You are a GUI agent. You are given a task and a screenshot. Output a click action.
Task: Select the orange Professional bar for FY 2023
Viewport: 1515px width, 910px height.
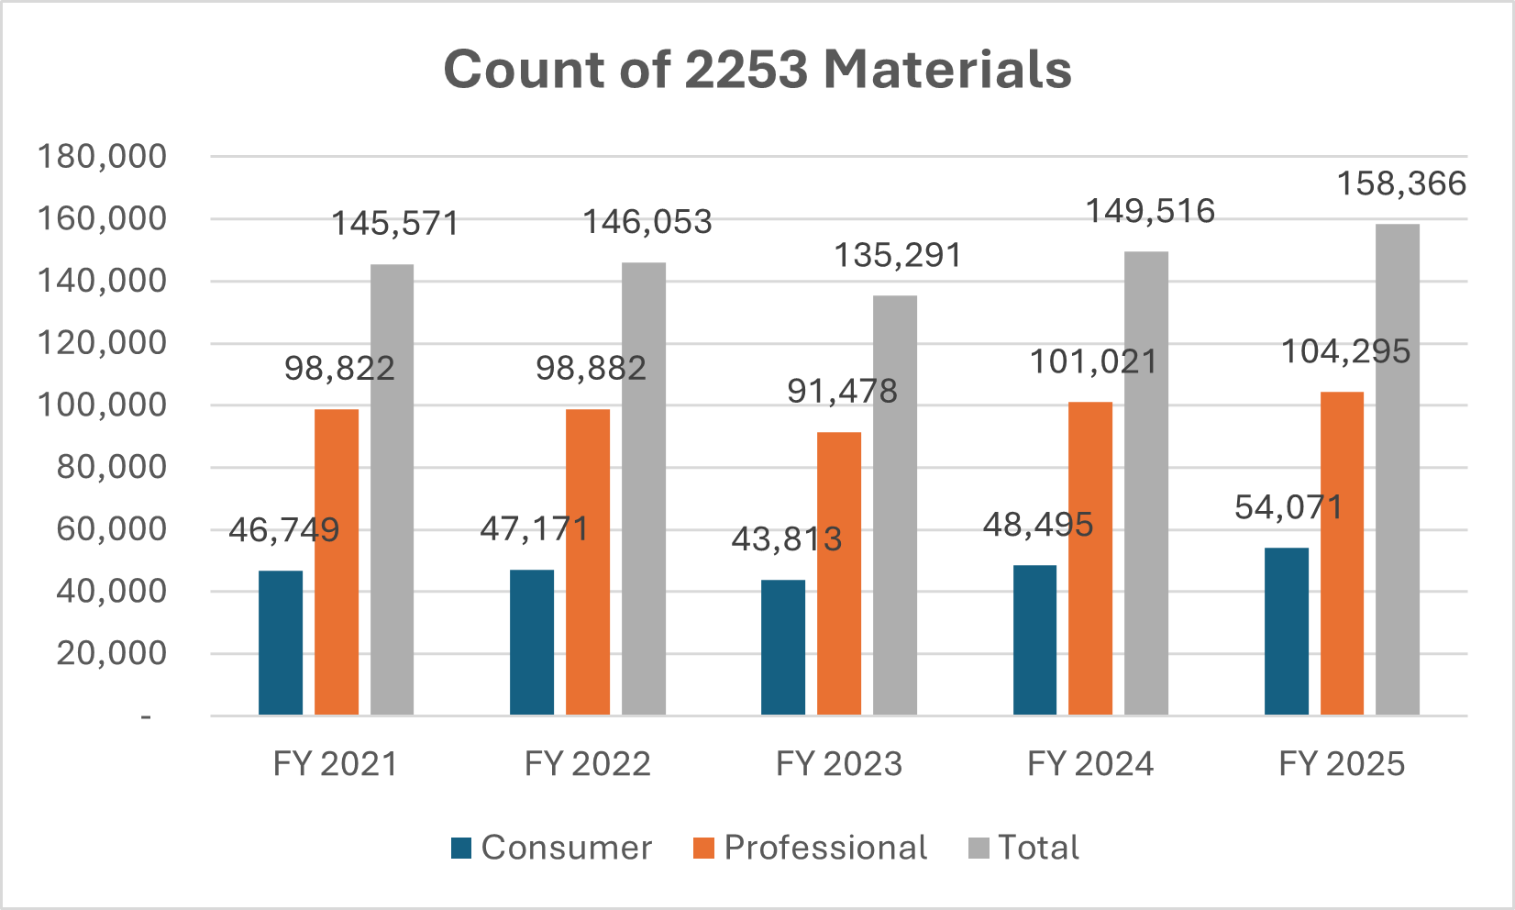click(x=839, y=573)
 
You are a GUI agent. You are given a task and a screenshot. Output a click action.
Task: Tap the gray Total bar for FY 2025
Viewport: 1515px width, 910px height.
click(x=1398, y=470)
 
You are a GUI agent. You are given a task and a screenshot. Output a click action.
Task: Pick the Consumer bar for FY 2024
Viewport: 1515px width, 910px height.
click(x=1034, y=639)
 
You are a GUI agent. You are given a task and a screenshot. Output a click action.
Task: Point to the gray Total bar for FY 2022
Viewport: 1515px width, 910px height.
click(x=644, y=489)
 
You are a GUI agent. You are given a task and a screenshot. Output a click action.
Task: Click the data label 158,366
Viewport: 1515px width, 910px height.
click(x=1401, y=183)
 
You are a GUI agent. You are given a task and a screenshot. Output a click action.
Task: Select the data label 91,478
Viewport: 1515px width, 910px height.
click(x=842, y=392)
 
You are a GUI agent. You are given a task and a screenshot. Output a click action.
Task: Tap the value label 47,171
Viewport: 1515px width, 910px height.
click(x=534, y=529)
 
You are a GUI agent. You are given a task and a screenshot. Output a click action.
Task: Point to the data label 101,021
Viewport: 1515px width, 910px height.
click(x=1093, y=362)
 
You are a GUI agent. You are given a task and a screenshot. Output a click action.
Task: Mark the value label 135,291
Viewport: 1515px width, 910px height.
click(x=898, y=256)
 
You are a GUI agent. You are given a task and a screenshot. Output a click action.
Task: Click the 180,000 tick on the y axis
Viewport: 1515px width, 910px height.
click(x=102, y=157)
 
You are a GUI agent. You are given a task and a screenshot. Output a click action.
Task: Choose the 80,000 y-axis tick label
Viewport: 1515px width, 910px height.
click(x=111, y=467)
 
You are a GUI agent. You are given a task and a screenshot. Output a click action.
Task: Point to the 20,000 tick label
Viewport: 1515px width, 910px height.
click(x=111, y=653)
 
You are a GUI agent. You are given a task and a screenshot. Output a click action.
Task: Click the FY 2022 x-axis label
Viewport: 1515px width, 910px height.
click(x=587, y=763)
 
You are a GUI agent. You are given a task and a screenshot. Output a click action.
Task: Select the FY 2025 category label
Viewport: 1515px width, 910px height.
click(x=1342, y=763)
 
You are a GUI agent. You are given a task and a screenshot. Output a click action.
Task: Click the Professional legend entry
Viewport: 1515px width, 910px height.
click(x=824, y=848)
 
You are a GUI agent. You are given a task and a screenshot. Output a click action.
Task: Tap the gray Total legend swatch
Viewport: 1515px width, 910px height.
click(x=979, y=848)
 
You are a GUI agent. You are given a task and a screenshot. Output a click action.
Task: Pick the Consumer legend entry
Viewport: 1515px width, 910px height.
click(x=566, y=848)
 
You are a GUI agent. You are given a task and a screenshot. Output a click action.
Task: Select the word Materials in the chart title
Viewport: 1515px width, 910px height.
click(x=947, y=70)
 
